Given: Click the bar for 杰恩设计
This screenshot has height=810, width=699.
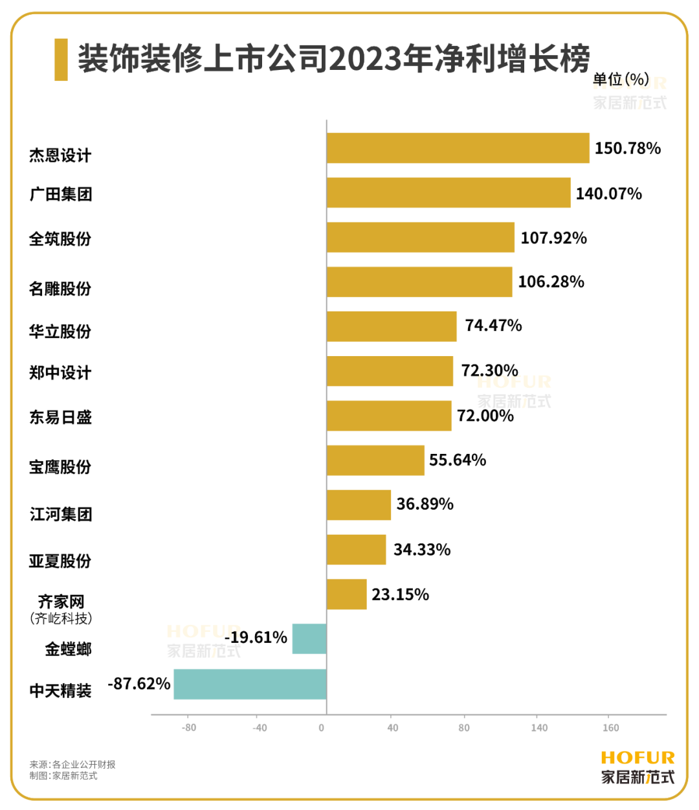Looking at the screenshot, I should [458, 148].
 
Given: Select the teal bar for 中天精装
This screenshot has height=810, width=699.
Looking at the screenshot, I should [250, 684].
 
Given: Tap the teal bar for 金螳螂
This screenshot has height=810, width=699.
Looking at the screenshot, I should [309, 638].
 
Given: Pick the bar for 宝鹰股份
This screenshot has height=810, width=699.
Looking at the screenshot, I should [375, 460].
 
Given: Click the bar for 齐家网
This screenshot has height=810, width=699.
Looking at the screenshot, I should [346, 594].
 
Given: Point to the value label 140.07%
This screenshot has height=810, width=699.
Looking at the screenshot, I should [608, 194].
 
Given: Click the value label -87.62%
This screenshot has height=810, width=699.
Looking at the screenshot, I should [139, 684].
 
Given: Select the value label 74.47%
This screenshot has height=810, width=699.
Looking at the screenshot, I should [493, 325].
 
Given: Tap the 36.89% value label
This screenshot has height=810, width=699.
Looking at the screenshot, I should [425, 504].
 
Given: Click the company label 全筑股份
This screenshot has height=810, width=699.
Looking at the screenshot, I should [60, 239].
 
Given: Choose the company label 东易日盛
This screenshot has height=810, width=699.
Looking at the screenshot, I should [60, 417].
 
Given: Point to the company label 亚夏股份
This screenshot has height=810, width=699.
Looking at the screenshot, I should [60, 561].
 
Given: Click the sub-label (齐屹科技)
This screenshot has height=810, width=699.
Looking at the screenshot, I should [61, 618].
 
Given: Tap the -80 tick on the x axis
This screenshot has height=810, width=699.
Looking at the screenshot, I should [188, 728].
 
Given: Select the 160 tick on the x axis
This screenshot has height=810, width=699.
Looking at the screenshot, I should [610, 728].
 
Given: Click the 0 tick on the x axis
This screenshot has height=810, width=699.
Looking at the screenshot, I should [322, 728].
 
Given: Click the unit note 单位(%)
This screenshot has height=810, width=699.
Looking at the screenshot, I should [621, 79].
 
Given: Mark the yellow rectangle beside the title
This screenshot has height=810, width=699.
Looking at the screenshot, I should [61, 60].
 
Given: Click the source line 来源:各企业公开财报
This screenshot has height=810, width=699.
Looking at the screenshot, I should [72, 764].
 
